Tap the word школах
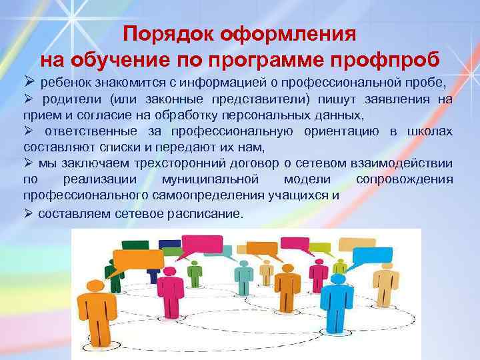431,131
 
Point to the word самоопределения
227,195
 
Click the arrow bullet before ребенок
29,83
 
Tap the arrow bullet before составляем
29,214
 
